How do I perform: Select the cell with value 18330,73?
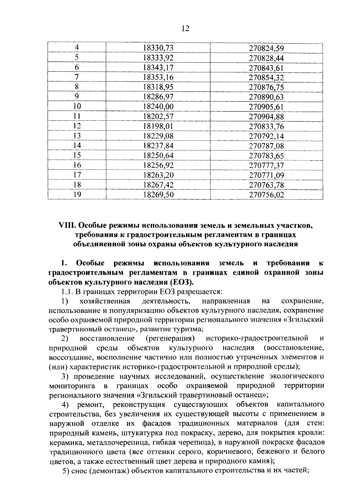pyautogui.click(x=158, y=48)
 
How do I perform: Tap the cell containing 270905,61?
pyautogui.click(x=266, y=107)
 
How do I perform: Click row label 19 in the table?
pyautogui.click(x=77, y=195)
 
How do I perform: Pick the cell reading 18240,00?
pyautogui.click(x=158, y=107)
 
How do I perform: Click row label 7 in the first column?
pyautogui.click(x=77, y=77)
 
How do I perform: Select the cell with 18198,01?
pyautogui.click(x=158, y=126)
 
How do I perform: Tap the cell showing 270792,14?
pyautogui.click(x=266, y=136)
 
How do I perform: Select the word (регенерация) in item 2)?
pyautogui.click(x=170, y=338)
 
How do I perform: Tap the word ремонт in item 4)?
pyautogui.click(x=91, y=404)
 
